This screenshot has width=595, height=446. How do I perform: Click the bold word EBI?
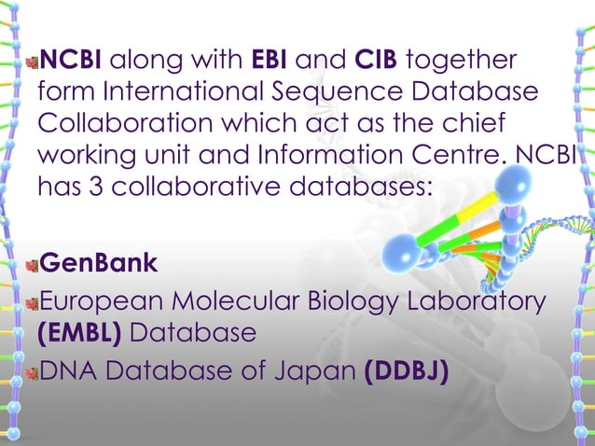tap(270, 63)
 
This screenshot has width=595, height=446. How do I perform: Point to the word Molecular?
tap(257, 302)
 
